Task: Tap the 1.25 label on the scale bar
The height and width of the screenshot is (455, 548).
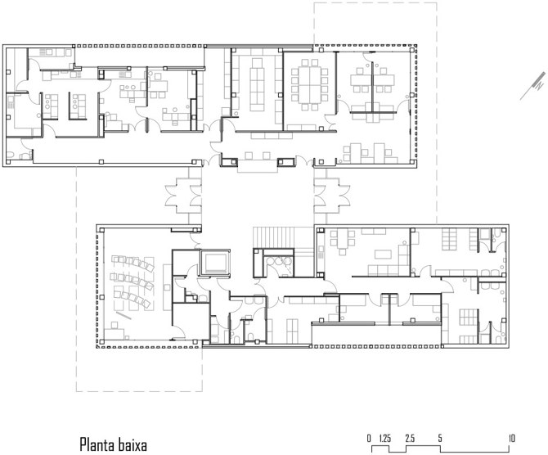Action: click(x=384, y=438)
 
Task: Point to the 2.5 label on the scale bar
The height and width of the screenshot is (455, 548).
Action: click(x=410, y=438)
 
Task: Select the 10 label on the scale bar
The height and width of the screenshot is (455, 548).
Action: click(x=512, y=438)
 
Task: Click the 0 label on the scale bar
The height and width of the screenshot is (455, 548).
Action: click(x=369, y=438)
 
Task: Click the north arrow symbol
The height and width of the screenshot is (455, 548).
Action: click(x=533, y=86)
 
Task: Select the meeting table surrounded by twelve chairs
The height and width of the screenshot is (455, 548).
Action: click(x=310, y=84)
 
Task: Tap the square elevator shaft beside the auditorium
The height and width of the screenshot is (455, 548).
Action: click(x=215, y=263)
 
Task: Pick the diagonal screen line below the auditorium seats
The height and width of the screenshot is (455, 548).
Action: click(x=124, y=315)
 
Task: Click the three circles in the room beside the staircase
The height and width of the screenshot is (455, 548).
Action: click(x=279, y=261)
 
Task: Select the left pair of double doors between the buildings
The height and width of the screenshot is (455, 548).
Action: click(x=183, y=196)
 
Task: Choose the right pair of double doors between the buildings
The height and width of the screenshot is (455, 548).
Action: click(x=332, y=196)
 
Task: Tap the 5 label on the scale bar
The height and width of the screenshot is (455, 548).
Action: click(x=440, y=438)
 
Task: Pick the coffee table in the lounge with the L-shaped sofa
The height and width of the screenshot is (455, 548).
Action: click(x=383, y=255)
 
